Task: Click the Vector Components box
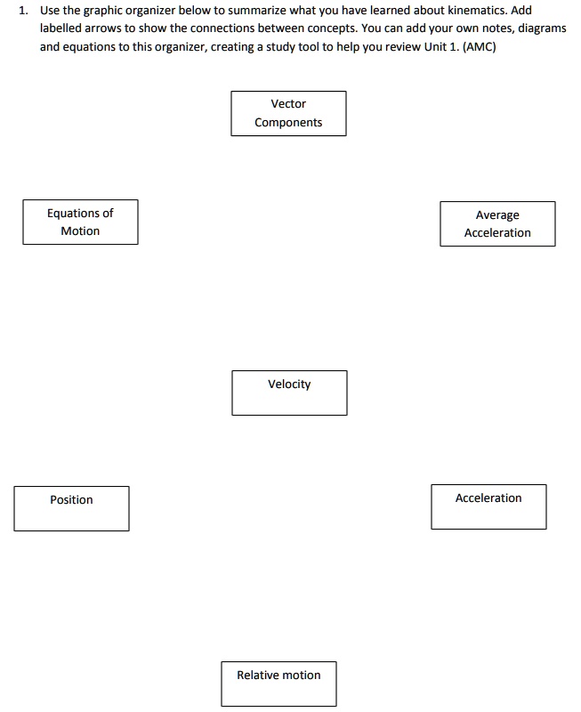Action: [288, 113]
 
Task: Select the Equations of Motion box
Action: [80, 222]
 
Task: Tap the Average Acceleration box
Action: [497, 223]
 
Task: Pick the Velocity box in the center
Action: [289, 392]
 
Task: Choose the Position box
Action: [71, 508]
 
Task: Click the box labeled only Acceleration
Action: [488, 506]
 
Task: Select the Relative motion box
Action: [278, 684]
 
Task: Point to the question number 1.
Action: [22, 11]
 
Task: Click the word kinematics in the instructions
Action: [477, 11]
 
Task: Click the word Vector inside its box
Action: [288, 104]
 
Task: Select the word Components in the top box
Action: [288, 123]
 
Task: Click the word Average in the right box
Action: [497, 215]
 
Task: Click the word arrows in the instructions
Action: [104, 28]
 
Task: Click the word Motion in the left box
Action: [80, 231]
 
